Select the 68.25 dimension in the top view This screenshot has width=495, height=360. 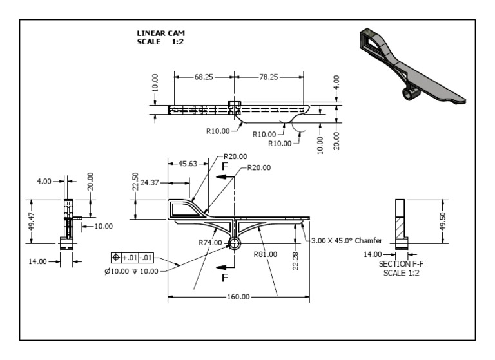(x=203, y=76)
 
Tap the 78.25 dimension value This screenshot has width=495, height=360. (x=267, y=76)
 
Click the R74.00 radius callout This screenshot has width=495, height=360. (x=209, y=243)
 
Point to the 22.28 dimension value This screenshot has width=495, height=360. (x=294, y=261)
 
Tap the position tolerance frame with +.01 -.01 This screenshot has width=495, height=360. (x=132, y=257)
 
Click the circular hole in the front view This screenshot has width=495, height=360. (x=233, y=243)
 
